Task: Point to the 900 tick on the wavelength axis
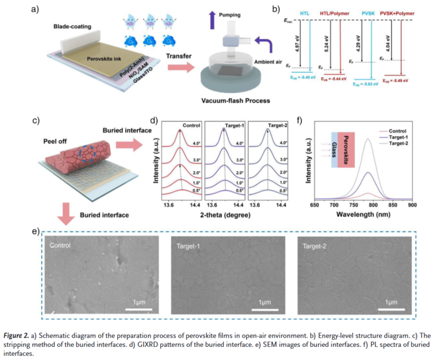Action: pyautogui.click(x=413, y=205)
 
